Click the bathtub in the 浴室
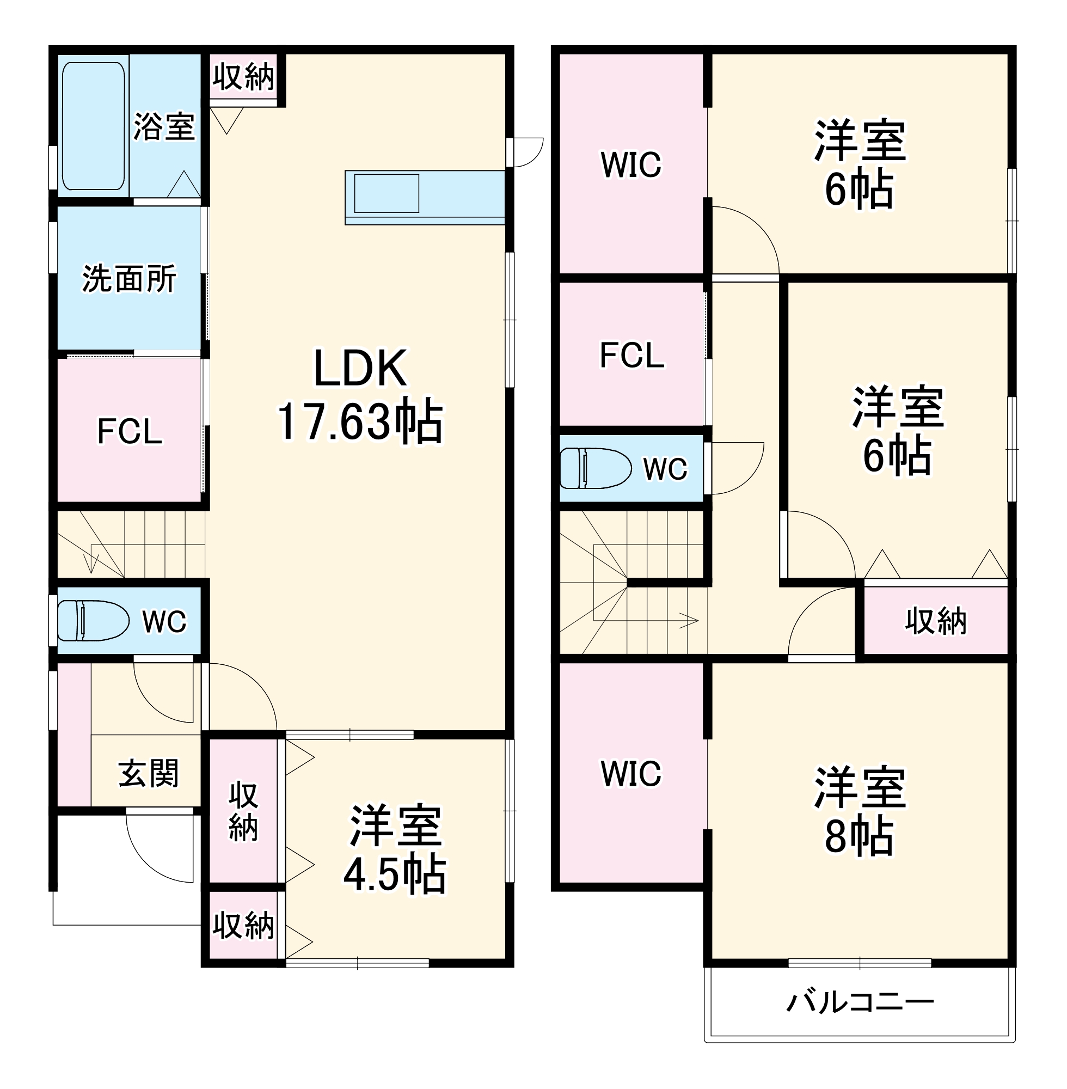click(93, 126)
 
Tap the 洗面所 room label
click(129, 279)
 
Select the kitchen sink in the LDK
click(387, 193)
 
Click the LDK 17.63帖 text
click(360, 396)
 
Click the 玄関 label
click(149, 773)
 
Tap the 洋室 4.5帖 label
click(395, 849)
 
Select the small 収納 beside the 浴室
click(243, 77)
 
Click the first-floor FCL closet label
click(130, 432)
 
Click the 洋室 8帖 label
click(859, 811)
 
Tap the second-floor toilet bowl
click(594, 468)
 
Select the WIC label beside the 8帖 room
click(631, 773)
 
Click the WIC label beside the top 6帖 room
click(631, 164)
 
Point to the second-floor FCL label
click(631, 356)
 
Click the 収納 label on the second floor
click(935, 621)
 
